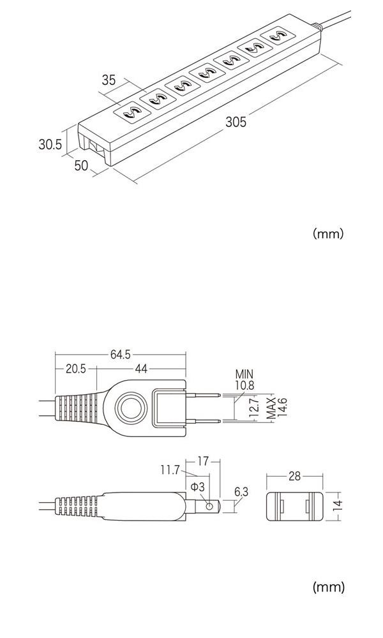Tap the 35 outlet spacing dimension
(x=109, y=80)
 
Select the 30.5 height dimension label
(x=50, y=145)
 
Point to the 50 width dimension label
(x=81, y=165)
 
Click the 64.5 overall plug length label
(x=121, y=355)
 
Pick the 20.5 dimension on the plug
(x=75, y=369)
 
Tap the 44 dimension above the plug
(x=141, y=369)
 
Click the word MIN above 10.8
(x=244, y=374)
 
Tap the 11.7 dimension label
(x=170, y=471)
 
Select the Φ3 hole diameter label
(x=197, y=487)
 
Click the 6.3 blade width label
(x=241, y=491)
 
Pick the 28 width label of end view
(x=294, y=477)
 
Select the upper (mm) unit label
(x=328, y=234)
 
